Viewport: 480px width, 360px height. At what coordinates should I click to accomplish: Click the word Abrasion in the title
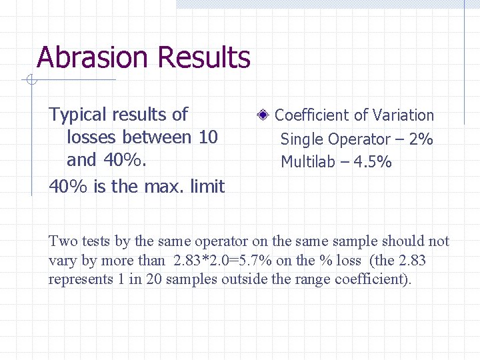pyautogui.click(x=90, y=58)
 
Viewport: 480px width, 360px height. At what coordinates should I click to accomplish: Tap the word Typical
pyautogui.click(x=77, y=115)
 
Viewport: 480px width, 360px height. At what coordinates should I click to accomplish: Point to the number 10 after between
pyautogui.click(x=208, y=137)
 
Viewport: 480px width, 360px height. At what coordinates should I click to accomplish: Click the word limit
pyautogui.click(x=206, y=187)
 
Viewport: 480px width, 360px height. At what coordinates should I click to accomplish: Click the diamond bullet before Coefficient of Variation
pyautogui.click(x=263, y=115)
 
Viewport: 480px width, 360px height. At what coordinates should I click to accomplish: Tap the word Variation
pyautogui.click(x=403, y=115)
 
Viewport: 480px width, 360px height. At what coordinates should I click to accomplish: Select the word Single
pyautogui.click(x=301, y=139)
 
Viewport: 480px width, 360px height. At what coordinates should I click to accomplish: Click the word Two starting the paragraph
pyautogui.click(x=62, y=241)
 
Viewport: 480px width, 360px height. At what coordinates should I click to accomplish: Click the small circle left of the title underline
pyautogui.click(x=31, y=81)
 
